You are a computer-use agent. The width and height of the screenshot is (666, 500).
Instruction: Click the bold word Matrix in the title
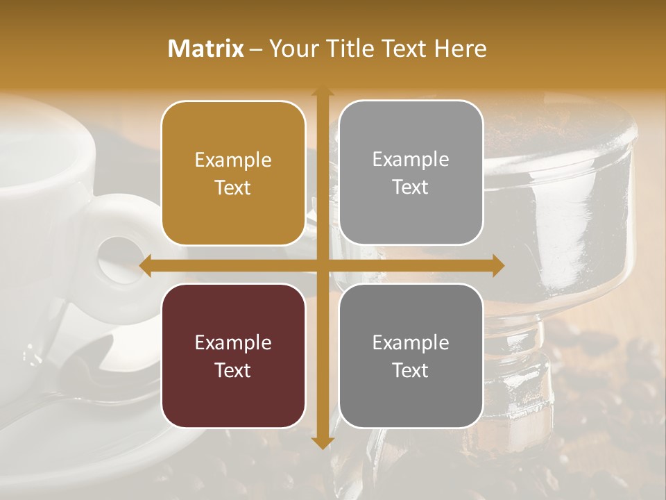206,49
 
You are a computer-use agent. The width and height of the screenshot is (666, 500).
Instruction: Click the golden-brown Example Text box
233,174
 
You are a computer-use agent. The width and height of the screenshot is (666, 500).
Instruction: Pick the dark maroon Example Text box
233,356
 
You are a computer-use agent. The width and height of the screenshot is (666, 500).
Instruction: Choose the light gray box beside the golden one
411,173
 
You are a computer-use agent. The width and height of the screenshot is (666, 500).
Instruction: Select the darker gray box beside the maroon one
411,356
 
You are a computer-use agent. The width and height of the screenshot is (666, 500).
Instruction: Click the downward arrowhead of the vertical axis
322,442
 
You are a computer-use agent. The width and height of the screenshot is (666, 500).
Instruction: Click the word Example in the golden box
233,160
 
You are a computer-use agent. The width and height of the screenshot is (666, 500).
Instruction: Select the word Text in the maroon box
233,370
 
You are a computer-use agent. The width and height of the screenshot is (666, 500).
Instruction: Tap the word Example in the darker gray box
411,342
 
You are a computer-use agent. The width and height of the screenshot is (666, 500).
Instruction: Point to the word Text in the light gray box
411,187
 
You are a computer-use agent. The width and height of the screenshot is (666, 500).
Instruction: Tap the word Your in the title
291,49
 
